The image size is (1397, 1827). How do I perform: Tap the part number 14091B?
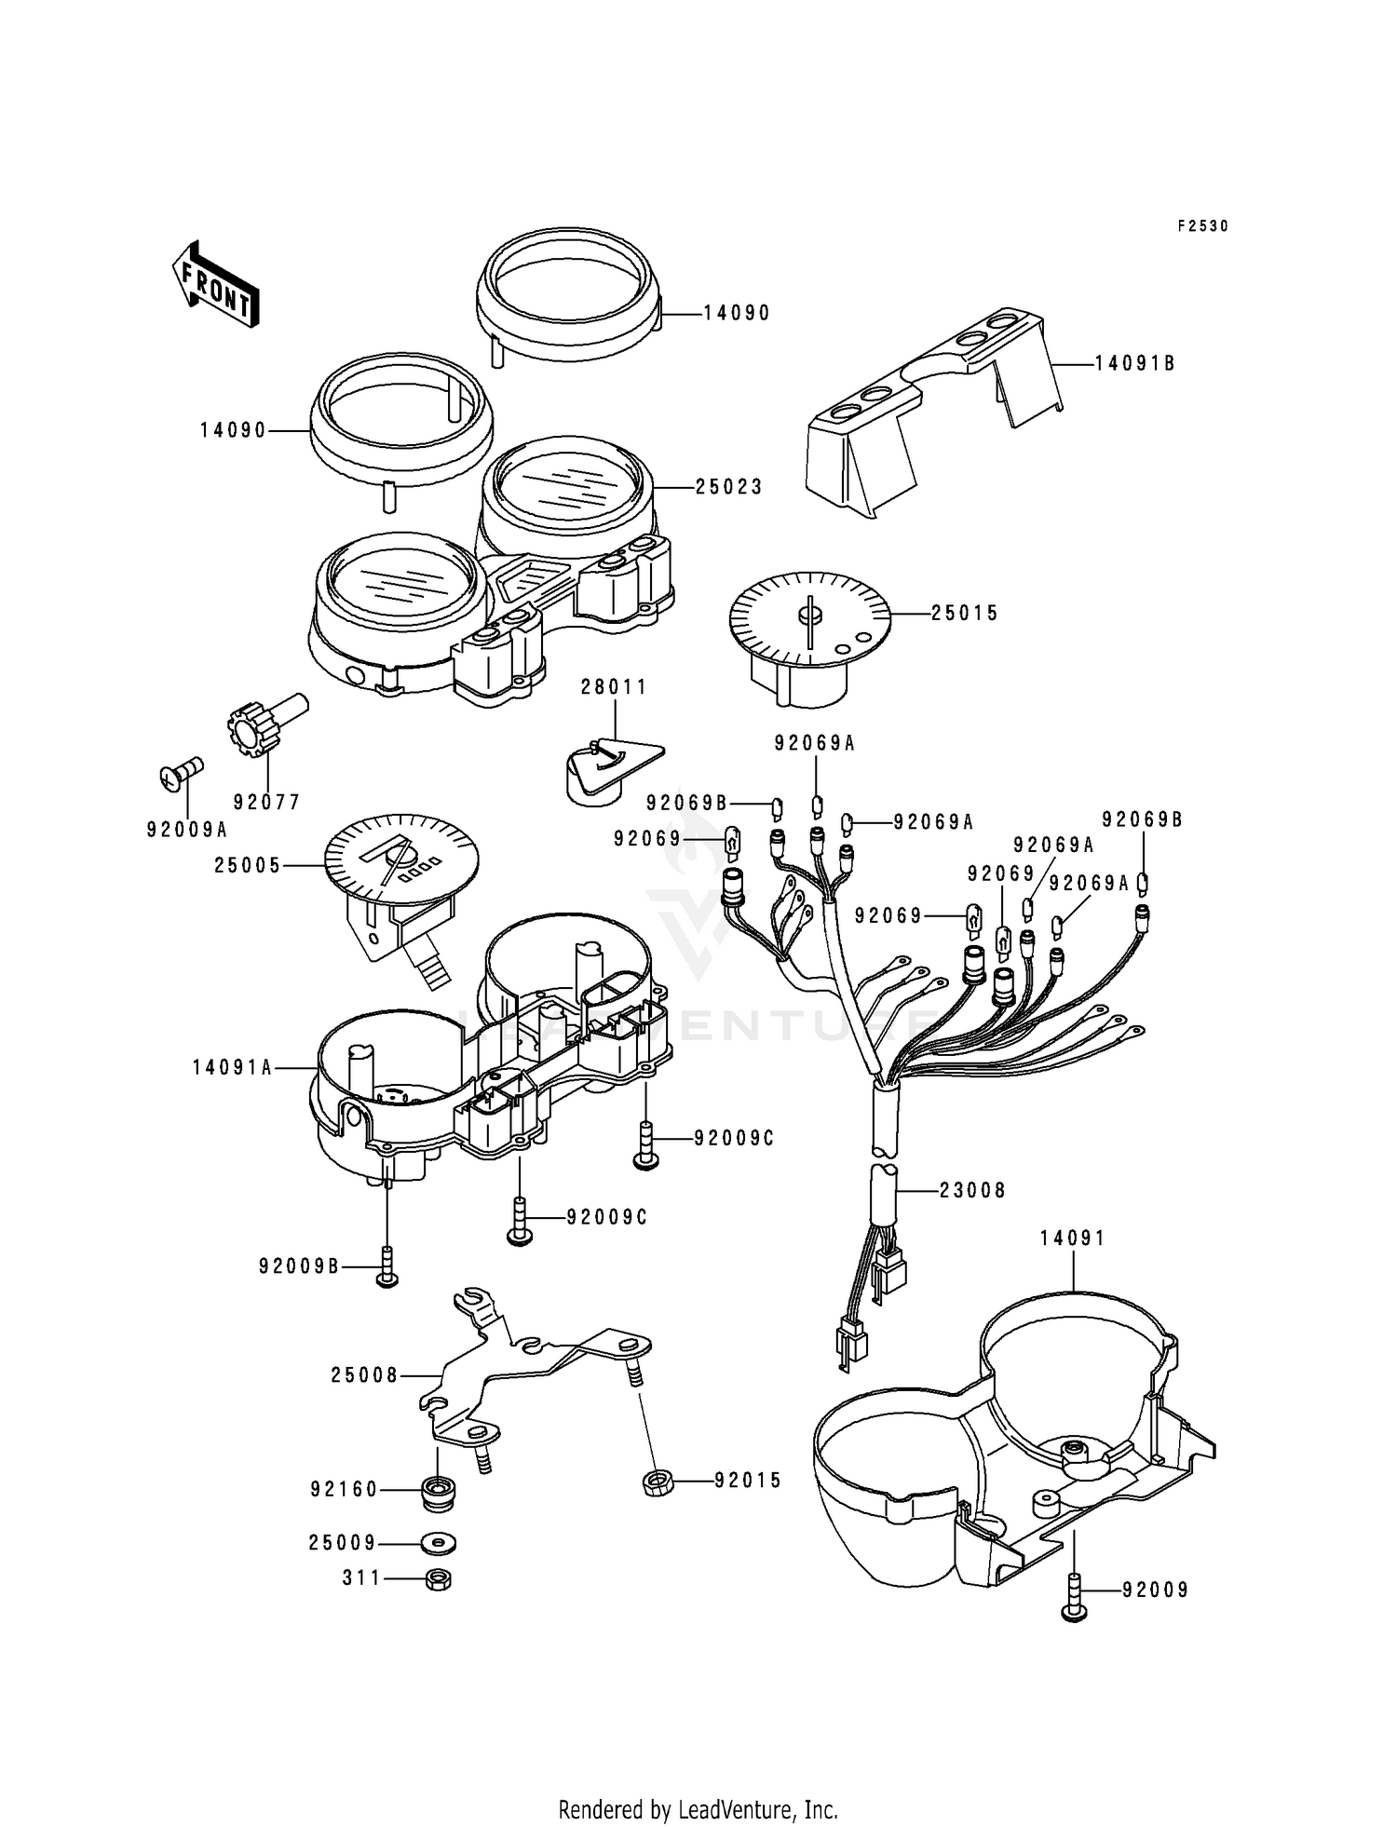coord(1134,363)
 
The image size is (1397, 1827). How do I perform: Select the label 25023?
coord(728,487)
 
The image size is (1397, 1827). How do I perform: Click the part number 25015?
coord(964,614)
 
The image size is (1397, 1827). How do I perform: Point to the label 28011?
coord(614,687)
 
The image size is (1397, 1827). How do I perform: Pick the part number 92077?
coord(267,802)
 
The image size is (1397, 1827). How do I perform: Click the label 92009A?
coord(187,829)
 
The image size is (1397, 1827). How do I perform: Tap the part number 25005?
coord(248,865)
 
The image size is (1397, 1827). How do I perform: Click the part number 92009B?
coord(300,1266)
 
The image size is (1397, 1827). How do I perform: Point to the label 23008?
coord(972,1190)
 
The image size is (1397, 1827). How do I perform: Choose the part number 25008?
coord(364,1375)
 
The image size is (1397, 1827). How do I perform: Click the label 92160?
coord(345,1490)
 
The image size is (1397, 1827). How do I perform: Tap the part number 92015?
coord(748,1481)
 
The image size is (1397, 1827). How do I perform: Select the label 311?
coord(362,1578)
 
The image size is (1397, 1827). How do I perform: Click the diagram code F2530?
coord(1203,226)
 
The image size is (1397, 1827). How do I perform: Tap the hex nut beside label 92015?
coord(658,1481)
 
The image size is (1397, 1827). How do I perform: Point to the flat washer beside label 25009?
coord(435,1544)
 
